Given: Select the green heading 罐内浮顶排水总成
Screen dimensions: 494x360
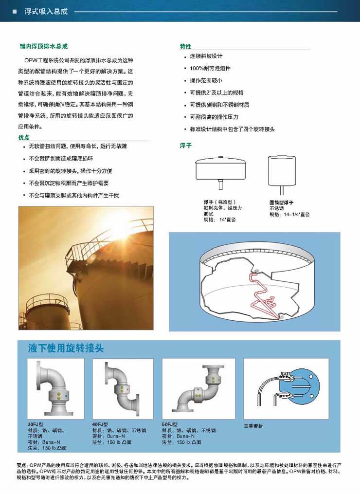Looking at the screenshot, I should [43, 46].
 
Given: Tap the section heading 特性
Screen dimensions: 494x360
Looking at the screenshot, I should [185, 46].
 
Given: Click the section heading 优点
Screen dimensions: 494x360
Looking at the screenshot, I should [24, 138].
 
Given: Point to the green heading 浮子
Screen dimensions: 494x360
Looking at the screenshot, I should [186, 146].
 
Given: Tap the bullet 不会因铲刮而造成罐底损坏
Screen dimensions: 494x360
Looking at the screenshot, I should [61, 159].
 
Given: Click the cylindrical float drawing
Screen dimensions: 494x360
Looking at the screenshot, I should [282, 171].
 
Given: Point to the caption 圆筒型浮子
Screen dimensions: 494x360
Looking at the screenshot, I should [282, 202].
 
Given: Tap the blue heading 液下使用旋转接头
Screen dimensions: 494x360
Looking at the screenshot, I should [66, 348].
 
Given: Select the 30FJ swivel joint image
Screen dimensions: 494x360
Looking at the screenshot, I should [55, 388].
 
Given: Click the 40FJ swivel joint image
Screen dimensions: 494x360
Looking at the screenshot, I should [122, 388].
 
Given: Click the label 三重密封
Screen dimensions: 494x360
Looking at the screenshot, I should [253, 426].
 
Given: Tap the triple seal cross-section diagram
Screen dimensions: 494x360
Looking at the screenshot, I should [287, 388].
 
